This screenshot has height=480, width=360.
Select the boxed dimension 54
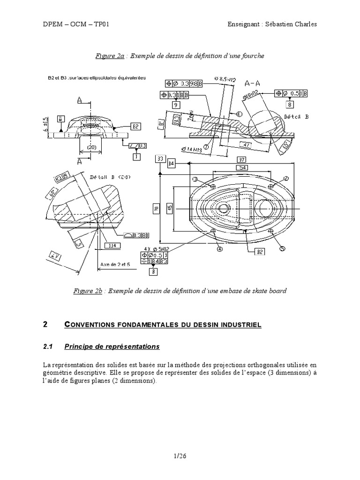[242, 167]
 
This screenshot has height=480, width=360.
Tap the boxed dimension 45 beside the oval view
[170, 207]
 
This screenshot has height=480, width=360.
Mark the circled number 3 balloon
[195, 179]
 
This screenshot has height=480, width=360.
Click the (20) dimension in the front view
[91, 147]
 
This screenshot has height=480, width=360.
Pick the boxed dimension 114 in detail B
[111, 245]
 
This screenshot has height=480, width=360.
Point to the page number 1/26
[180, 455]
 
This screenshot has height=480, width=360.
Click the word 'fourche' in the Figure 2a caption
[254, 56]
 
